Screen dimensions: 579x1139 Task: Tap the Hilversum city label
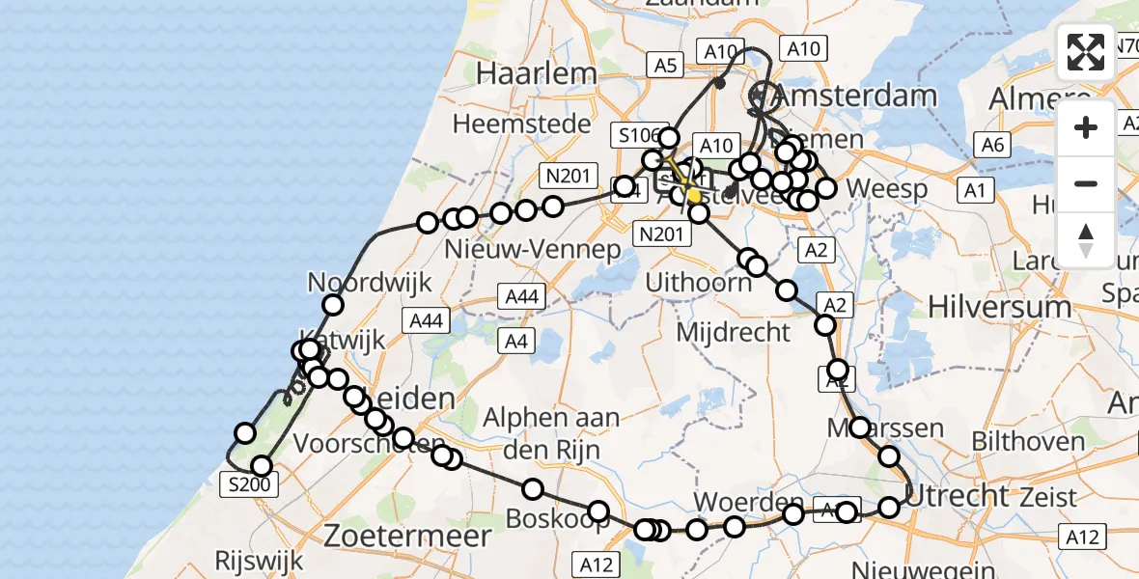[999, 307]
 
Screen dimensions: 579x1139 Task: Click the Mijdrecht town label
[734, 332]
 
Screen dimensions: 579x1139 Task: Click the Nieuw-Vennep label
[532, 249]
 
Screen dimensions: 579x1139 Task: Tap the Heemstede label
[521, 124]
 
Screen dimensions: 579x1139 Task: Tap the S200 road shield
[250, 484]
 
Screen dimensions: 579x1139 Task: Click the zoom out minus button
[1086, 183]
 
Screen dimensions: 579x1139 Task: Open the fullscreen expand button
[1086, 52]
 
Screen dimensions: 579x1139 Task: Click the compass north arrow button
[1086, 239]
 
